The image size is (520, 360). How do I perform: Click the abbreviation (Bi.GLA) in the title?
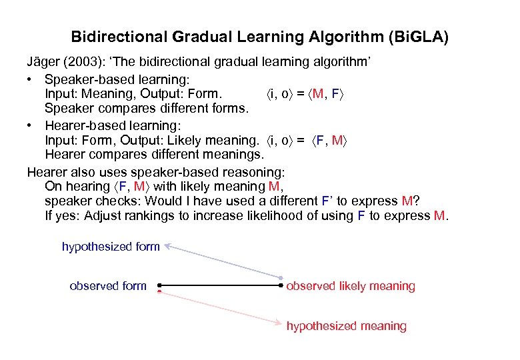point(417,36)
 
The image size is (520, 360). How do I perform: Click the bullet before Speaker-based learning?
point(31,78)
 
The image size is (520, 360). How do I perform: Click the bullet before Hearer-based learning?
point(31,125)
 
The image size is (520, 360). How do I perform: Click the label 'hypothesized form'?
point(111,247)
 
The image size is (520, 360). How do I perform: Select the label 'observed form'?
point(108,286)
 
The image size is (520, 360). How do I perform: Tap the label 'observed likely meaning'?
point(351,286)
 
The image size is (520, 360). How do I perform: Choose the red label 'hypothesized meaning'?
point(346,326)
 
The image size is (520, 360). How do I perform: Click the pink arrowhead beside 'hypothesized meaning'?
point(279,324)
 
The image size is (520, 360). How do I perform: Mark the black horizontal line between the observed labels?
point(220,285)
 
